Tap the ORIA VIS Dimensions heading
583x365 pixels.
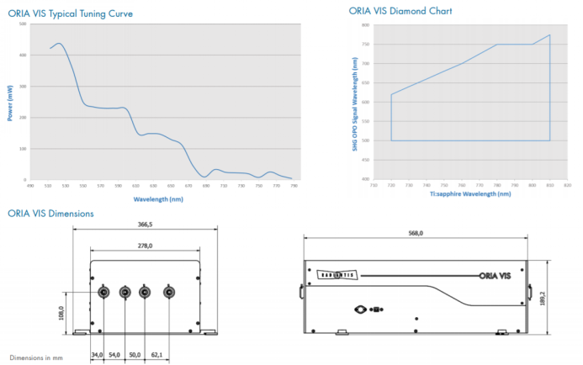[x=50, y=214]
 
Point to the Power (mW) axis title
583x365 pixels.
[x=10, y=102]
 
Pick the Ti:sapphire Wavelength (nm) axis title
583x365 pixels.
[x=469, y=194]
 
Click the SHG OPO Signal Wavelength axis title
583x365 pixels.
[x=358, y=100]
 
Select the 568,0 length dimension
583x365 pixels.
[x=415, y=233]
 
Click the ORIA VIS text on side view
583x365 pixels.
[x=495, y=274]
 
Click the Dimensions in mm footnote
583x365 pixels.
[x=36, y=357]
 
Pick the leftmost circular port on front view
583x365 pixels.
[x=104, y=292]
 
